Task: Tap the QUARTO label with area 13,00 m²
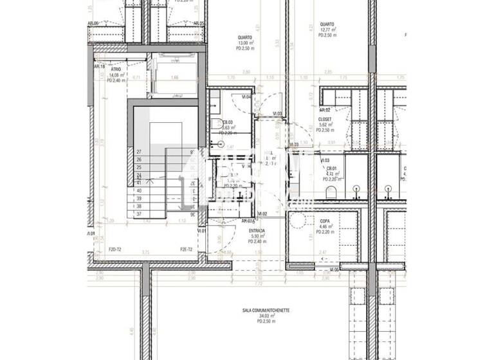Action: (244, 37)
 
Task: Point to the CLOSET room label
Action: (325, 119)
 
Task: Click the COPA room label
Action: (325, 221)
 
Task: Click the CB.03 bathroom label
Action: (227, 122)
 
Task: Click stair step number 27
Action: (138, 152)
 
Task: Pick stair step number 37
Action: (138, 213)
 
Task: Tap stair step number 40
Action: (138, 190)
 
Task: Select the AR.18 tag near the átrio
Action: (99, 66)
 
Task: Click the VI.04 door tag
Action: (247, 97)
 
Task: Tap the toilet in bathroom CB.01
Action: (331, 192)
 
